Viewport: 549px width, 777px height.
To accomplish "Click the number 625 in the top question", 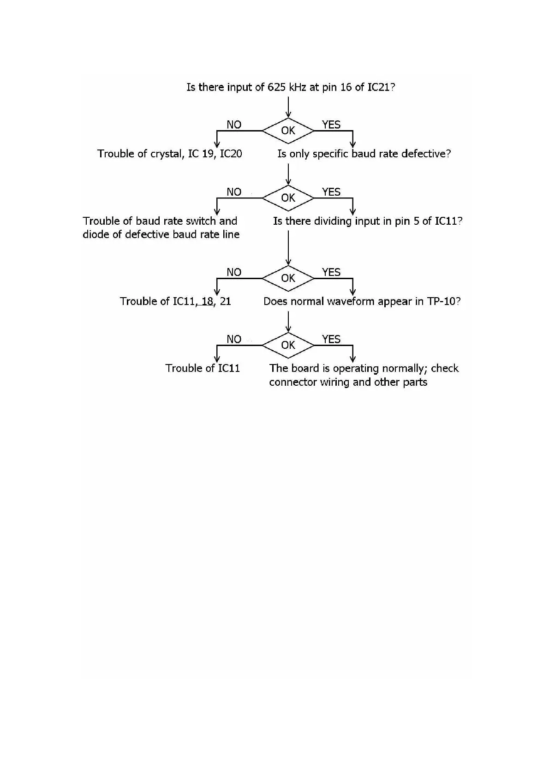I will point(277,87).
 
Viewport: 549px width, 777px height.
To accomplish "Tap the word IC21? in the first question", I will point(381,87).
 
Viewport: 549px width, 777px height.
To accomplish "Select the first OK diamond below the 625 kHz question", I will point(288,131).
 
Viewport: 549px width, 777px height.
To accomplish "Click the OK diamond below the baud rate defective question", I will point(288,198).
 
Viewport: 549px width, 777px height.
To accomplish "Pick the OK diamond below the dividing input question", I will point(288,278).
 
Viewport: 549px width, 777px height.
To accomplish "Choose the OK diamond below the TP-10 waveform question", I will point(288,345).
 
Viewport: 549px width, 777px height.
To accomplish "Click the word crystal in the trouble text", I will point(167,154).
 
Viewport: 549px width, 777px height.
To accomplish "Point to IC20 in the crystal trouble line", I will point(231,154).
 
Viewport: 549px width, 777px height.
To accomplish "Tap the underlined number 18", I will point(207,301).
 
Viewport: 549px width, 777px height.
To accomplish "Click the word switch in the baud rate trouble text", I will point(201,221).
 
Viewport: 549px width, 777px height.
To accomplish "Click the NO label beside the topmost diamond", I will point(234,125).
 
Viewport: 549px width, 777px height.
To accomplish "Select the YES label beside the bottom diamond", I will point(331,339).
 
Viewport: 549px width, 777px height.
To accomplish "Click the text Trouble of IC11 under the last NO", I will point(203,368).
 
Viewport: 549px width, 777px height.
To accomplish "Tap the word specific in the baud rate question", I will point(330,154).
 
